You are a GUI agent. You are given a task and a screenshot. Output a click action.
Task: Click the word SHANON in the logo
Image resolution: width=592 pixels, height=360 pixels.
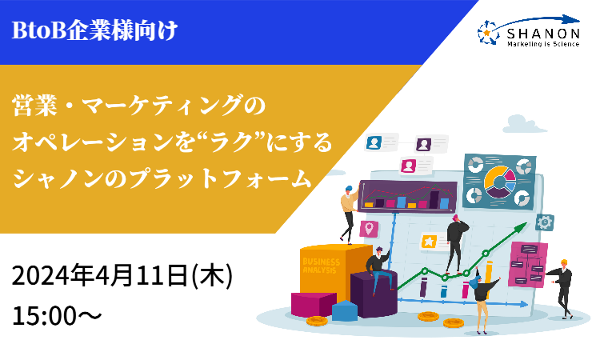[x=543, y=34]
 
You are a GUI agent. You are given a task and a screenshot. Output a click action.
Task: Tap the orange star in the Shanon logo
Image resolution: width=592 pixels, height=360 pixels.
[x=486, y=34]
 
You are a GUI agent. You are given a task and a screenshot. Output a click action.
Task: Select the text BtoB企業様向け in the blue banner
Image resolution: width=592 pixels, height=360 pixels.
[x=94, y=30]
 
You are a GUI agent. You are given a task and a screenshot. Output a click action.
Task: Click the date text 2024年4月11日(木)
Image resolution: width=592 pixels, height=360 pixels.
[x=122, y=275]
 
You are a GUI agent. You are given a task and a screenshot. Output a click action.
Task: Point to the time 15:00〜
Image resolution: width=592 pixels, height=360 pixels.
[x=57, y=316]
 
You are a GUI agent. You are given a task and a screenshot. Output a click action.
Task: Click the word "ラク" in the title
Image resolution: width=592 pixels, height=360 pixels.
[x=225, y=142]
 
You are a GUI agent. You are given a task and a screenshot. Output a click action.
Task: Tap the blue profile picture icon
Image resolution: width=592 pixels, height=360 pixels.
[x=374, y=142]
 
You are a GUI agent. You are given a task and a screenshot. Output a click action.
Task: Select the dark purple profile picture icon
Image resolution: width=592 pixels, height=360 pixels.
[x=424, y=144]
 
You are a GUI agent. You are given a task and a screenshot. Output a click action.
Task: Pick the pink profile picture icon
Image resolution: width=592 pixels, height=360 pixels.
[x=408, y=166]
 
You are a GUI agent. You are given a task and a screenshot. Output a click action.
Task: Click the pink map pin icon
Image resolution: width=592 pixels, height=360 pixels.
[x=369, y=229]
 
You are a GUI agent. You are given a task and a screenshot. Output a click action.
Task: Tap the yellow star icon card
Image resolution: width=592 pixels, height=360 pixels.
[x=429, y=241]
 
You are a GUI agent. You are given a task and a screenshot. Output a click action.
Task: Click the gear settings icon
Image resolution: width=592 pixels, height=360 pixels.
[x=545, y=222]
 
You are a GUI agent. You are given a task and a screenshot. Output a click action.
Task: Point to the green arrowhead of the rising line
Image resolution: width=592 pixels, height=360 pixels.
[x=522, y=227]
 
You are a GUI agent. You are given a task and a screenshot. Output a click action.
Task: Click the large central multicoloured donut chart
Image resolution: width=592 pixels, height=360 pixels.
[x=499, y=182]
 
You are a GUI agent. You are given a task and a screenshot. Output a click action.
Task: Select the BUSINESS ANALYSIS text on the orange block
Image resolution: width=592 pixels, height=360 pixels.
[x=322, y=266]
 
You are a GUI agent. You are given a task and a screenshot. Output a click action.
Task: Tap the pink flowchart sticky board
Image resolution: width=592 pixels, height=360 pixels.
[x=527, y=264]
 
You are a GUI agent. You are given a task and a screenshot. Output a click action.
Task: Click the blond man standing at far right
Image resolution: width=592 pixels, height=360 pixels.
[x=562, y=289]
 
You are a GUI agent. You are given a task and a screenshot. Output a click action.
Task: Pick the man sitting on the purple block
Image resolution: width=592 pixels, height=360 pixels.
[x=379, y=269]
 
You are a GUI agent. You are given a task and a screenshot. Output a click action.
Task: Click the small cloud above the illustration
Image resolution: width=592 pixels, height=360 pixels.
[x=524, y=125]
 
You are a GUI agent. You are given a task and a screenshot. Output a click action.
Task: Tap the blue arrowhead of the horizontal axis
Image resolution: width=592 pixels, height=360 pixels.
[x=524, y=304]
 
